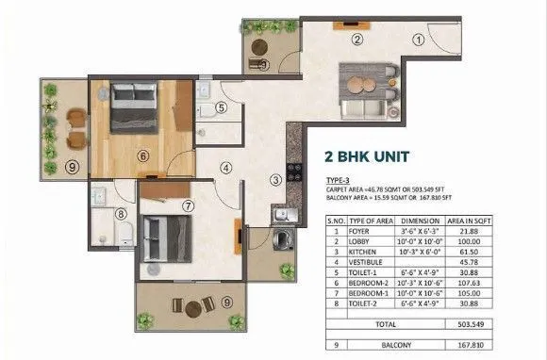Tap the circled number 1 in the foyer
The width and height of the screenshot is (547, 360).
click(x=416, y=40)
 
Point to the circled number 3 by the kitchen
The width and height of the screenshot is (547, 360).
click(x=274, y=180)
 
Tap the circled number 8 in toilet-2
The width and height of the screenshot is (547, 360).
click(x=120, y=213)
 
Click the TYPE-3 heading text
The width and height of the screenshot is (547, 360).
click(x=338, y=179)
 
